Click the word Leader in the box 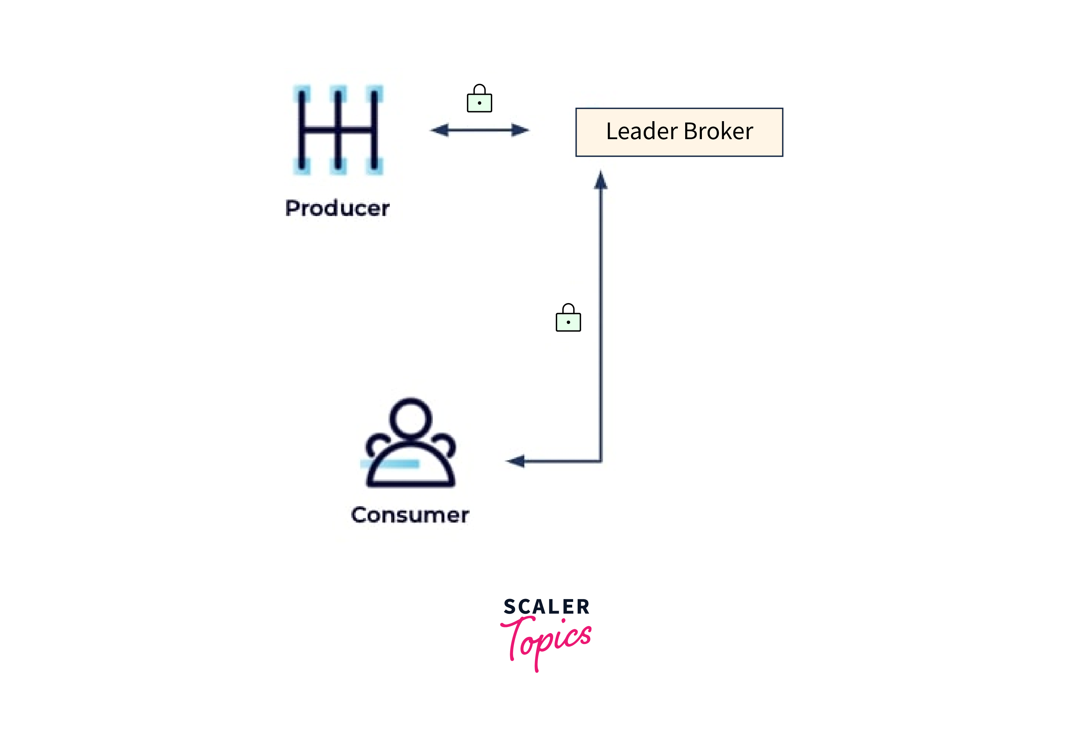(641, 131)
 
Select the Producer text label (337, 208)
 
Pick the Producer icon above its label (338, 130)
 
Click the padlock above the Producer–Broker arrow (479, 99)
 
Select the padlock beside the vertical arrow (568, 318)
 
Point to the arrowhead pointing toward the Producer (440, 130)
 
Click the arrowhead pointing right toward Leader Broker (520, 130)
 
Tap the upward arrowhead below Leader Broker (600, 181)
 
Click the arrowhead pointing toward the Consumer (516, 461)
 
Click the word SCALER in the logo (546, 607)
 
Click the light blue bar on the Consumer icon (389, 464)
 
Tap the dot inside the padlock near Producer (479, 103)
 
